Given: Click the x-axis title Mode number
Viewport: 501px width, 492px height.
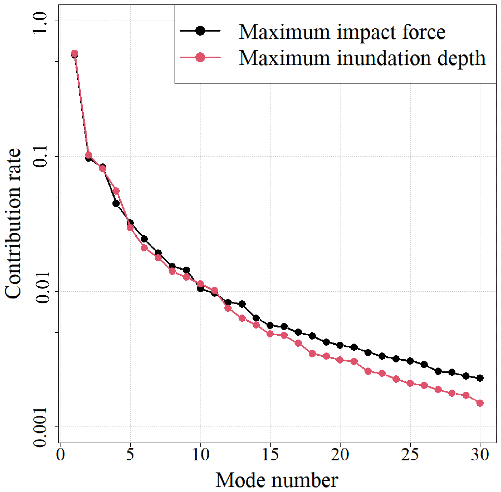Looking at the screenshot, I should point(277,480).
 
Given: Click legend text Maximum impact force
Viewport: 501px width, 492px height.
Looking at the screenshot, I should point(342,32).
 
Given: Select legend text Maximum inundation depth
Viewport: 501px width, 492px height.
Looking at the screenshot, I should point(362,58).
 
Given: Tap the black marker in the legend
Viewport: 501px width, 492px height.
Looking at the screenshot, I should point(200,31).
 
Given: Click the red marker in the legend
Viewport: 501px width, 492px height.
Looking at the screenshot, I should point(200,57).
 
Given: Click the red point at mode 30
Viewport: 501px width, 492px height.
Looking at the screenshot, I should point(480,403).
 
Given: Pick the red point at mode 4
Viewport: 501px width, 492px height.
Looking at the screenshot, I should point(116,191).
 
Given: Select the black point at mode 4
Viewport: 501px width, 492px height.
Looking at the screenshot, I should point(116,204).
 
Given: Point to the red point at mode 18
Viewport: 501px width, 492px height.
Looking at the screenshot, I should point(312,353).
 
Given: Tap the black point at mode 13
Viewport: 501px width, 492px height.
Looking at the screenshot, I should point(242,304).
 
